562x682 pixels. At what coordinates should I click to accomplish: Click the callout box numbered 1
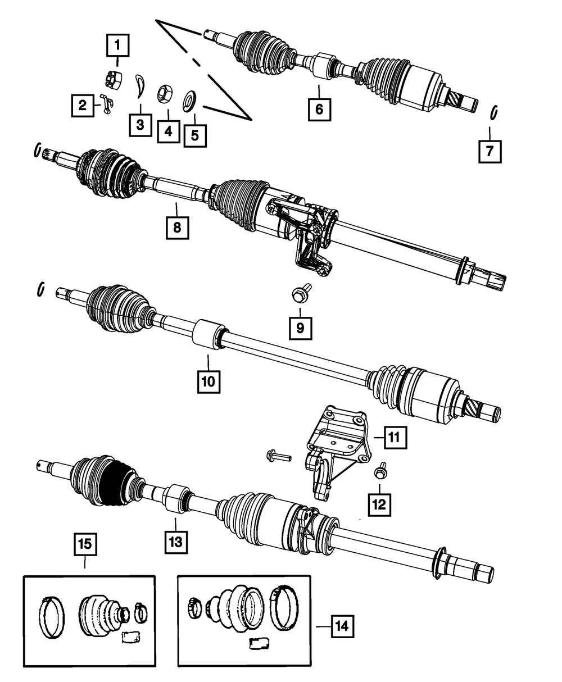coord(117,44)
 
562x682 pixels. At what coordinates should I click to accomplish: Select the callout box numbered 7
coord(490,151)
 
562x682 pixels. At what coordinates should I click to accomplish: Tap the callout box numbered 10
coord(209,380)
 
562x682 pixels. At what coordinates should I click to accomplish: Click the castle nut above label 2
coord(114,81)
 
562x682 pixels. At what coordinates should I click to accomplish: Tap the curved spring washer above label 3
coord(140,85)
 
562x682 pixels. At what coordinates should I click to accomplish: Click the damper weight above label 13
coord(175,498)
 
